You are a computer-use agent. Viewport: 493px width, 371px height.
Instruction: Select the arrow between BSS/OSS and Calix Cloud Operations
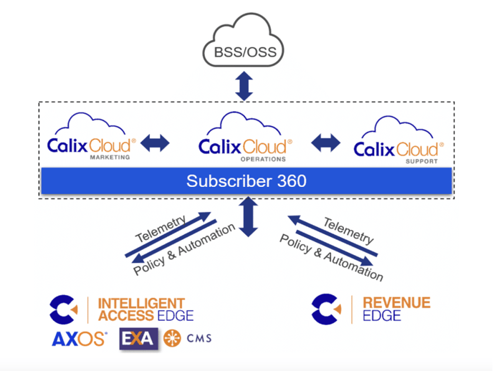click(246, 86)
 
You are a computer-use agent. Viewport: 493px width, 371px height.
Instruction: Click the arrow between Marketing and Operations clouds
click(155, 143)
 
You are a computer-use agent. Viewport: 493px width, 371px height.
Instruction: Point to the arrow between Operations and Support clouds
click(326, 143)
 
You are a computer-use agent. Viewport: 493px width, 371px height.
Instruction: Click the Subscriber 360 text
click(246, 181)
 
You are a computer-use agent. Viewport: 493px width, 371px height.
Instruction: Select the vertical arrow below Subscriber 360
click(248, 218)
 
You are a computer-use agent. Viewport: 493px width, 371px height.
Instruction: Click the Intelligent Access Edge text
click(145, 309)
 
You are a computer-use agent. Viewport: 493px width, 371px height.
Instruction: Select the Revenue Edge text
click(396, 309)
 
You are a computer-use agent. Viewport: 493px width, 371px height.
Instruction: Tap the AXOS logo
click(80, 339)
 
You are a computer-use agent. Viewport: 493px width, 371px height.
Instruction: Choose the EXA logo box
click(137, 339)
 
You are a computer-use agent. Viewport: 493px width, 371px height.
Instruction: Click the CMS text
click(198, 339)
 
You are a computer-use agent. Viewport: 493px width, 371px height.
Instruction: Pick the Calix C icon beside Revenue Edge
click(326, 309)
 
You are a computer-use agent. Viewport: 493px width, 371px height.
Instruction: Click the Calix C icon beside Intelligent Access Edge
click(64, 309)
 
